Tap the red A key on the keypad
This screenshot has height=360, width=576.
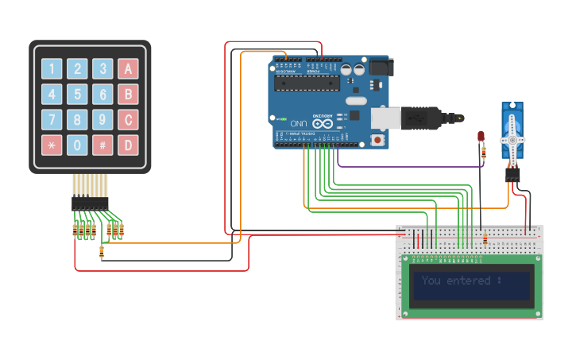point(127,69)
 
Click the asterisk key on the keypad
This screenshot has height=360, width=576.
point(52,145)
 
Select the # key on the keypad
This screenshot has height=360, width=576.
point(102,145)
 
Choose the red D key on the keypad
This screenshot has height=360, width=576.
point(127,145)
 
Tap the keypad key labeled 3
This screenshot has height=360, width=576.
point(102,69)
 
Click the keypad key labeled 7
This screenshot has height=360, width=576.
point(52,120)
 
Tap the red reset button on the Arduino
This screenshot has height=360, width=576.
point(377,141)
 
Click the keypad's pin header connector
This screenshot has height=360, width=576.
point(90,203)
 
